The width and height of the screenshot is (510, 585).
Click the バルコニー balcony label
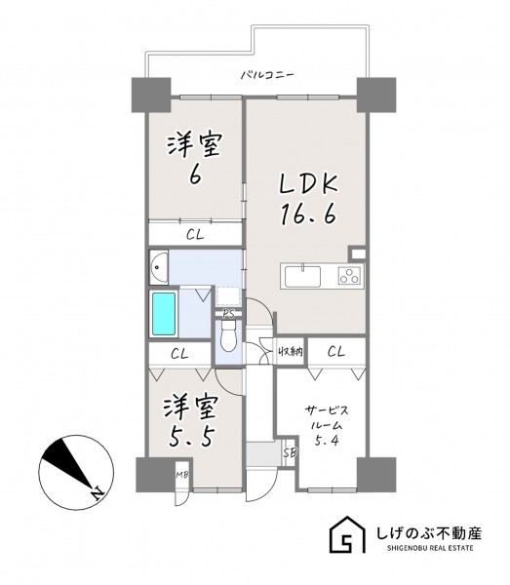267,75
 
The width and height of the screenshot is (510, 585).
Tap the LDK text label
308,183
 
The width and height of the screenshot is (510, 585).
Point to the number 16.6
308,214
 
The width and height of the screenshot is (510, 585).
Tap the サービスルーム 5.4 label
327,426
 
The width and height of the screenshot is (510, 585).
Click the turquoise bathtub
164,313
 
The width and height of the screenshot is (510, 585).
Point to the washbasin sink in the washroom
159,267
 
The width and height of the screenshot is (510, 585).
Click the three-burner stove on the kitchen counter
351,276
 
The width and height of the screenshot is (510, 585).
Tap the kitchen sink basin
302,276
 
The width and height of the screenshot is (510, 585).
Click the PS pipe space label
228,314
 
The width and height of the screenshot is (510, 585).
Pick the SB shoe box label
290,453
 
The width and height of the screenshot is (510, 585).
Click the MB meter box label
182,476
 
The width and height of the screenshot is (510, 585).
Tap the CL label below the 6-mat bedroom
195,235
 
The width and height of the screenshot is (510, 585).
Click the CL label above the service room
336,351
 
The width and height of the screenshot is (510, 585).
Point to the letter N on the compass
98,493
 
